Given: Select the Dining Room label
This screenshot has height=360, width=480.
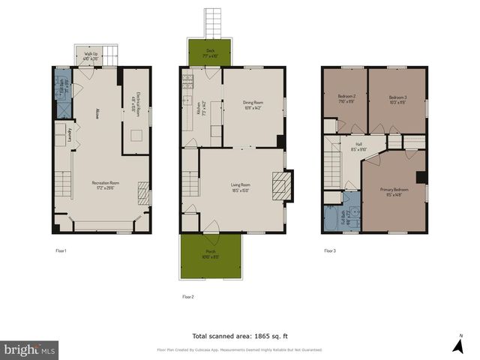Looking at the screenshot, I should tap(252, 104).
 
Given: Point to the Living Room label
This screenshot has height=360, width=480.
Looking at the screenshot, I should tap(240, 186).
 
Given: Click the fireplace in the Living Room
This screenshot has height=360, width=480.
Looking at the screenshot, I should tap(282, 186).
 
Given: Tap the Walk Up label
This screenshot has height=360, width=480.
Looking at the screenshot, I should tap(90, 55).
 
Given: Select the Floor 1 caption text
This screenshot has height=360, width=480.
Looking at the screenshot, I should tap(61, 250).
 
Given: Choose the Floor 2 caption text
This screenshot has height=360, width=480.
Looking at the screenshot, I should tap(188, 297).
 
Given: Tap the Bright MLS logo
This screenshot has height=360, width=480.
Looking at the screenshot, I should tap(30, 349).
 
